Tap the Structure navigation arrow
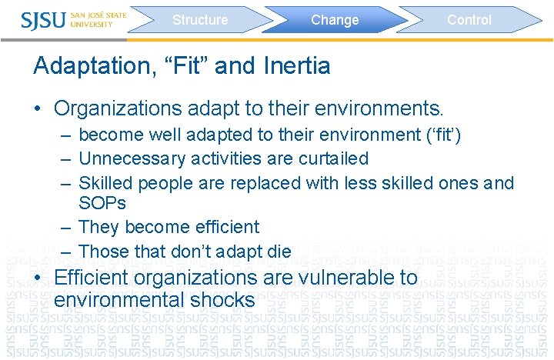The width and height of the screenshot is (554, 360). point(200,20)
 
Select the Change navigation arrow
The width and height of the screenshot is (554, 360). point(335,20)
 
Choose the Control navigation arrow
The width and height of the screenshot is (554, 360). point(469,20)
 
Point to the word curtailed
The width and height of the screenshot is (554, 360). point(334,158)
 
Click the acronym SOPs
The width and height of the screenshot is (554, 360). point(102,203)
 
